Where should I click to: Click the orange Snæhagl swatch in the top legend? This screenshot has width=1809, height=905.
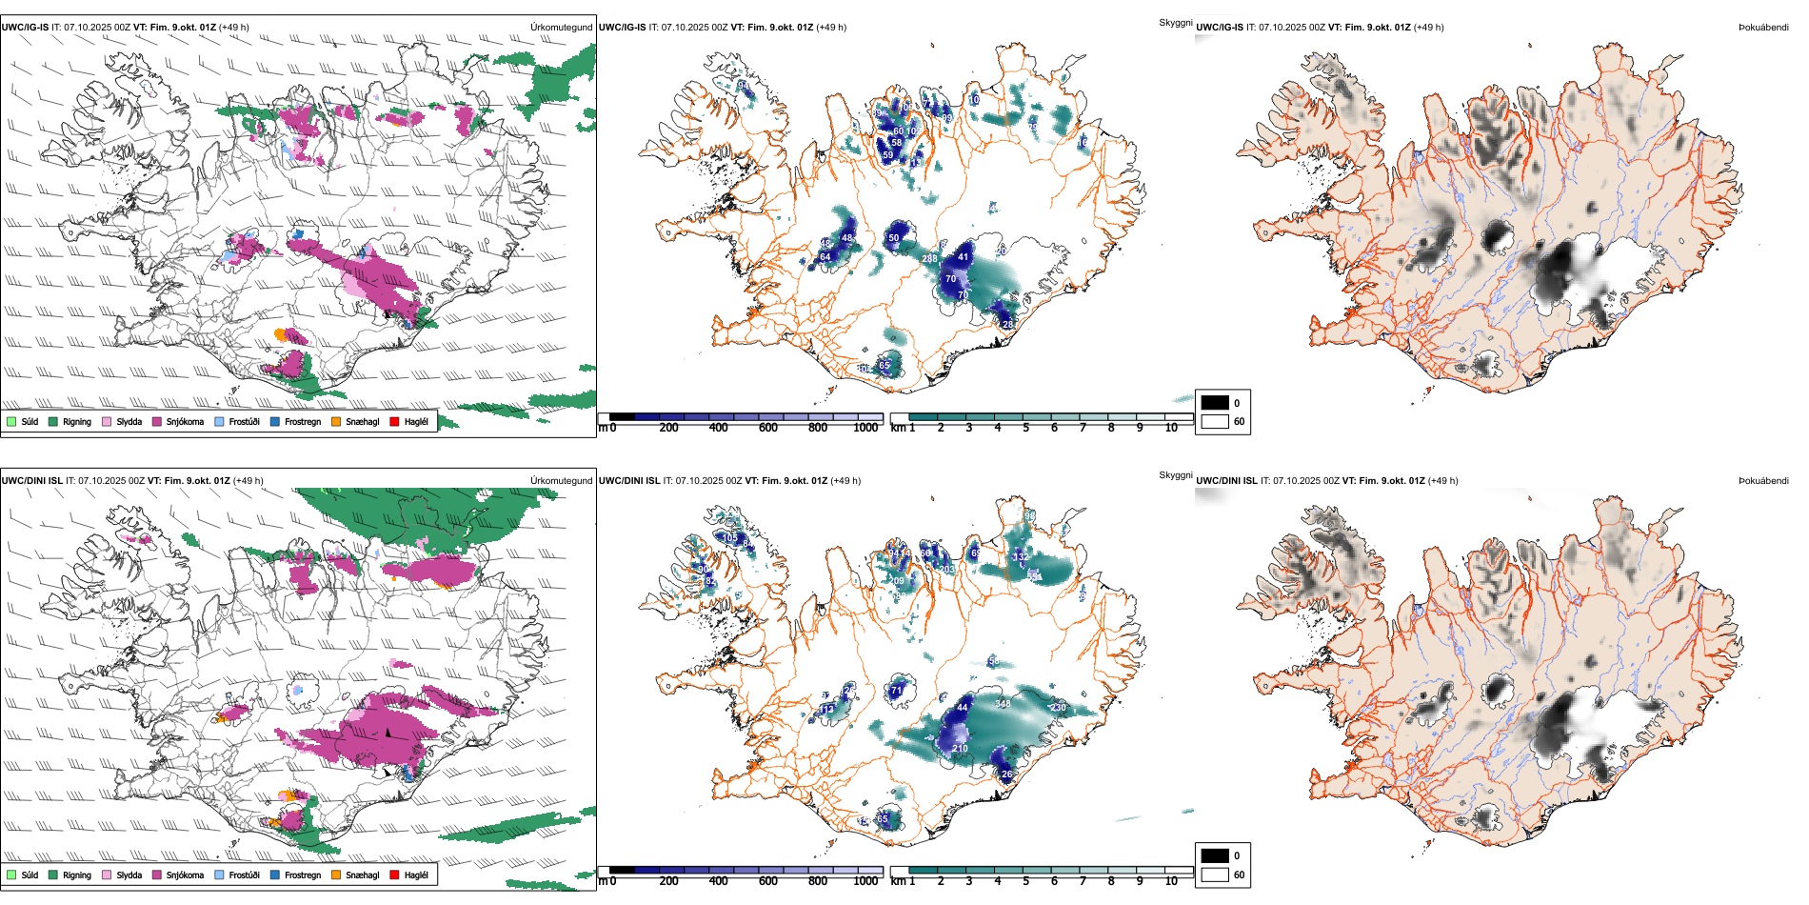(337, 421)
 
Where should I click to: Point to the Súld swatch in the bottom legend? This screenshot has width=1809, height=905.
(11, 875)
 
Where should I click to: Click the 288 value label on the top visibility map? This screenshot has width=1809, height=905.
(930, 258)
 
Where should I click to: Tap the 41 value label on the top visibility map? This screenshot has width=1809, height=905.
(964, 256)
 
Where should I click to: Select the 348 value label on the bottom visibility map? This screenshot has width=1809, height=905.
(1003, 704)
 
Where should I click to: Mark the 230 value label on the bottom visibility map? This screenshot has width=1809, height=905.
(1059, 707)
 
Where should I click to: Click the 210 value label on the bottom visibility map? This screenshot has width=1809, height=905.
(960, 748)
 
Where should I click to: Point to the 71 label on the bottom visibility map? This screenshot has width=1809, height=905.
(896, 691)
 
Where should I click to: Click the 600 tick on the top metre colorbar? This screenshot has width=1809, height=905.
(768, 428)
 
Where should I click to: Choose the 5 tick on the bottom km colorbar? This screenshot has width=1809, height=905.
(1026, 881)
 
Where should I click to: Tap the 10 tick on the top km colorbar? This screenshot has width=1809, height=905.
(1171, 428)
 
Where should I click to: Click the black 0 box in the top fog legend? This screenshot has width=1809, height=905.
(1215, 403)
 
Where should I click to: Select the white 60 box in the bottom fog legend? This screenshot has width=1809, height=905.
(1215, 875)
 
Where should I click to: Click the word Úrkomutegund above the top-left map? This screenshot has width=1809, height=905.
(561, 27)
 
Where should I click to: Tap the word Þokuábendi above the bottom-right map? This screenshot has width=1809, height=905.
(1763, 480)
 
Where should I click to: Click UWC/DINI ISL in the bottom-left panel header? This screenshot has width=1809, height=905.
(31, 480)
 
